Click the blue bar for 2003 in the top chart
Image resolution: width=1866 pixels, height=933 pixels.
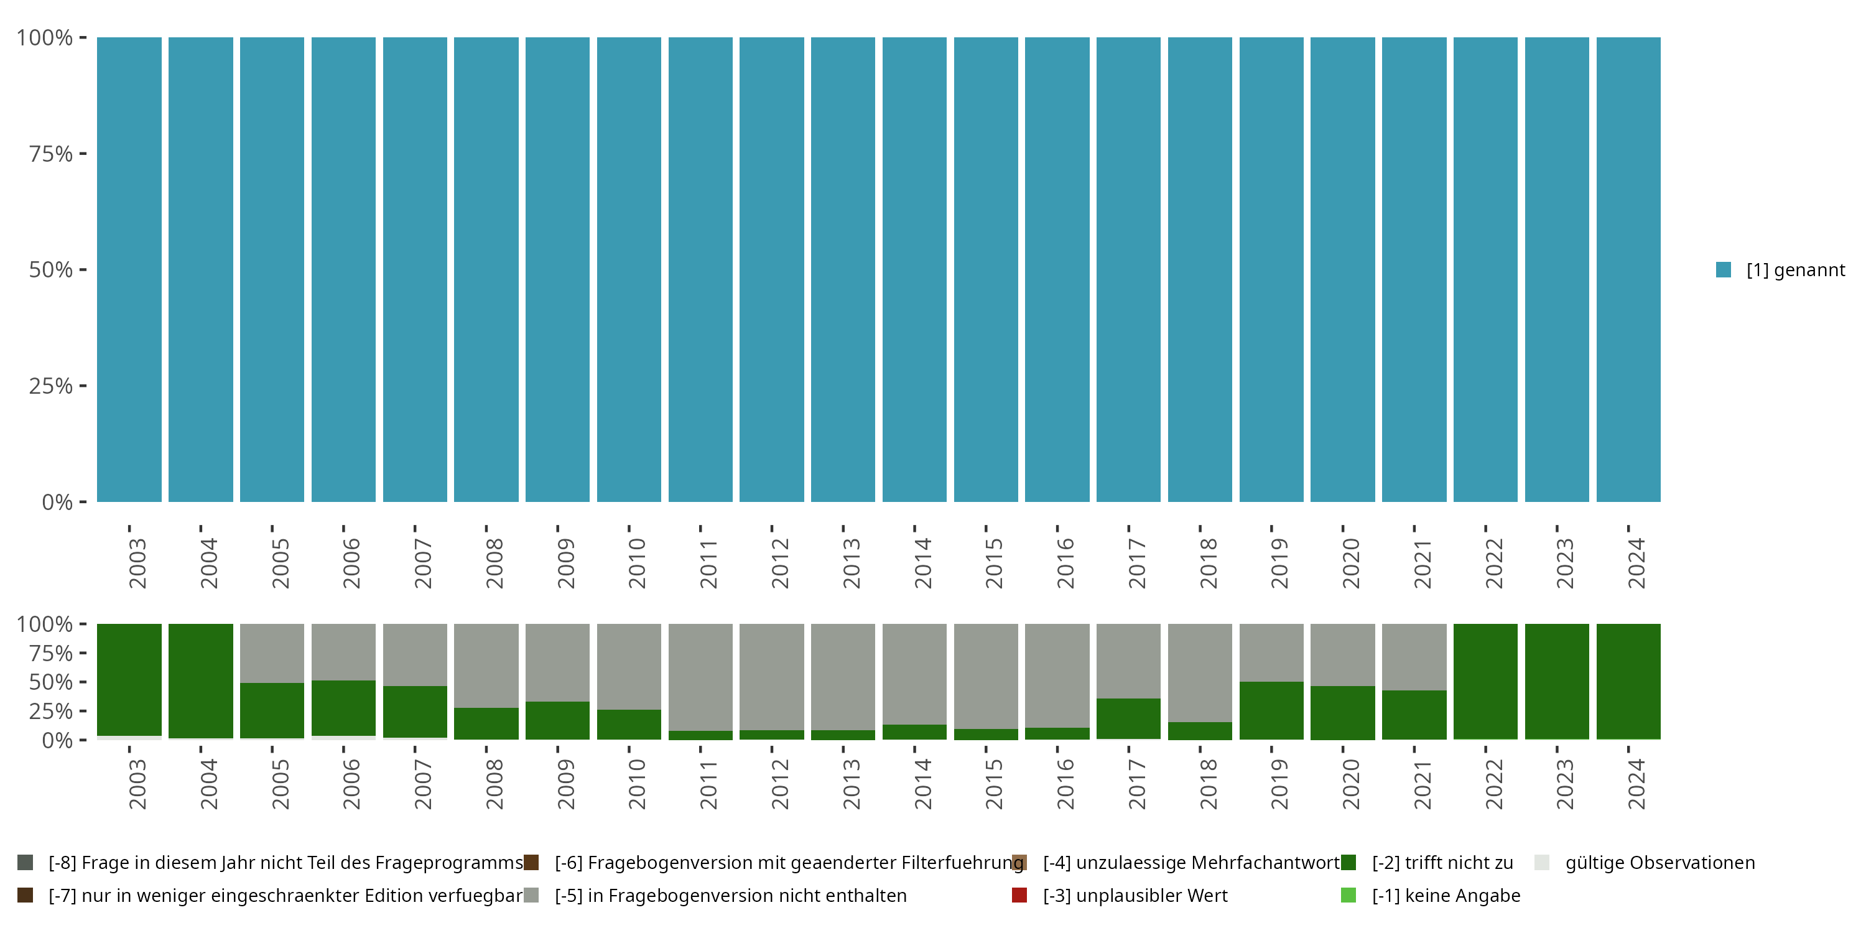(129, 269)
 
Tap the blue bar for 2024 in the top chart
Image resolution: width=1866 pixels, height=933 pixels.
(1628, 269)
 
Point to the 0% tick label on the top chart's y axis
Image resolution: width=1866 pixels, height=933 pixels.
(57, 502)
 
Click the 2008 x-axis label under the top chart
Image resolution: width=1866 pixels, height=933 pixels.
(494, 564)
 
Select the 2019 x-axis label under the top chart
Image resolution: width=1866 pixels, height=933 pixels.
(1279, 564)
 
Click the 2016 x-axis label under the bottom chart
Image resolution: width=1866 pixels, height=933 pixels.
(1065, 784)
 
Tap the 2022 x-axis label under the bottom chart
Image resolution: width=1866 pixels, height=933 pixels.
(1493, 784)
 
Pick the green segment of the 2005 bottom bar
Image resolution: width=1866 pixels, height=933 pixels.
(272, 710)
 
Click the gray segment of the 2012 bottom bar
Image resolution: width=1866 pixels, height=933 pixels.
(771, 677)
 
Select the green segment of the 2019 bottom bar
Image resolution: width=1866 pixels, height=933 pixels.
(1271, 710)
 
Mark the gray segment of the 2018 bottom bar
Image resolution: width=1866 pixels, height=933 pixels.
(1200, 672)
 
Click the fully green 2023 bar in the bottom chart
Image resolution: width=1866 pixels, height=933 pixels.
(1557, 681)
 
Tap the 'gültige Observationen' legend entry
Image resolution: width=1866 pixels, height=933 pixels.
(1659, 863)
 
